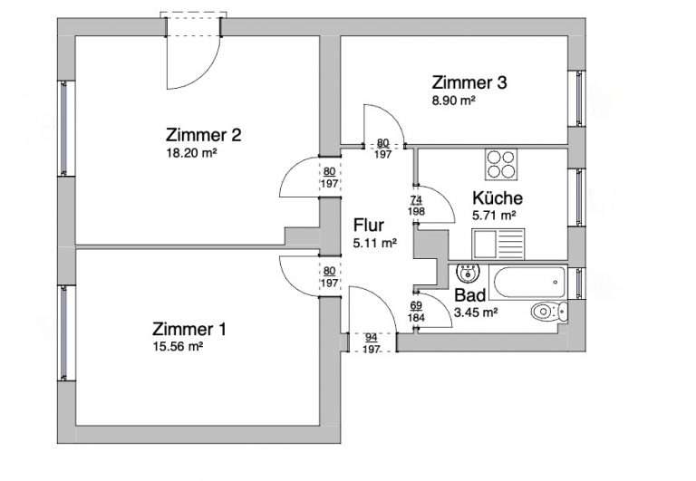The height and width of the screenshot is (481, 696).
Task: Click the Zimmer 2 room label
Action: tap(203, 134)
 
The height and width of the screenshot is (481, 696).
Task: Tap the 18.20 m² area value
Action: tap(191, 153)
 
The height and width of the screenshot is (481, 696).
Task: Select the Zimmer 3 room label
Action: tap(469, 82)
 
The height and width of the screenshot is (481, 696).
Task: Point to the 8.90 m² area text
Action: tap(454, 101)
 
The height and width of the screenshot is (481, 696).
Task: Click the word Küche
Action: tap(498, 197)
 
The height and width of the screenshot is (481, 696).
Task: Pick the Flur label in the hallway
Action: tap(369, 225)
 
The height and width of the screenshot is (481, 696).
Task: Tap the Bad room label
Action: tap(469, 294)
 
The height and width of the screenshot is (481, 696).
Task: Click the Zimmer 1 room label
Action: tap(189, 329)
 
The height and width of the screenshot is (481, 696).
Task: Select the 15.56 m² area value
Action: tap(178, 347)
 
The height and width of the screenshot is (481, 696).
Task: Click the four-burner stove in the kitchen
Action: tap(501, 164)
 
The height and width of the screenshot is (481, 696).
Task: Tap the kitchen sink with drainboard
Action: tap(498, 244)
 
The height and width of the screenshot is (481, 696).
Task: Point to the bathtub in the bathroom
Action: tap(527, 282)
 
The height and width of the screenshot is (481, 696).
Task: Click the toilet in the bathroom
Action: tap(549, 312)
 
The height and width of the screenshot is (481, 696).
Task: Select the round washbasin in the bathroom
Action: tap(468, 272)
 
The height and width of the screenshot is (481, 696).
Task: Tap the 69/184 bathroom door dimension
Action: tap(416, 312)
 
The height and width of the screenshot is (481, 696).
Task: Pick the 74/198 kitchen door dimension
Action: tap(416, 206)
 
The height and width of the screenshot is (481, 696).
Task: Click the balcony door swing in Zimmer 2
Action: tap(194, 63)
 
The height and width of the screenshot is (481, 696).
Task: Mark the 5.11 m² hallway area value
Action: tap(374, 243)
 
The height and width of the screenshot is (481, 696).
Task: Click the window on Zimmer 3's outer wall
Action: tap(579, 99)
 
